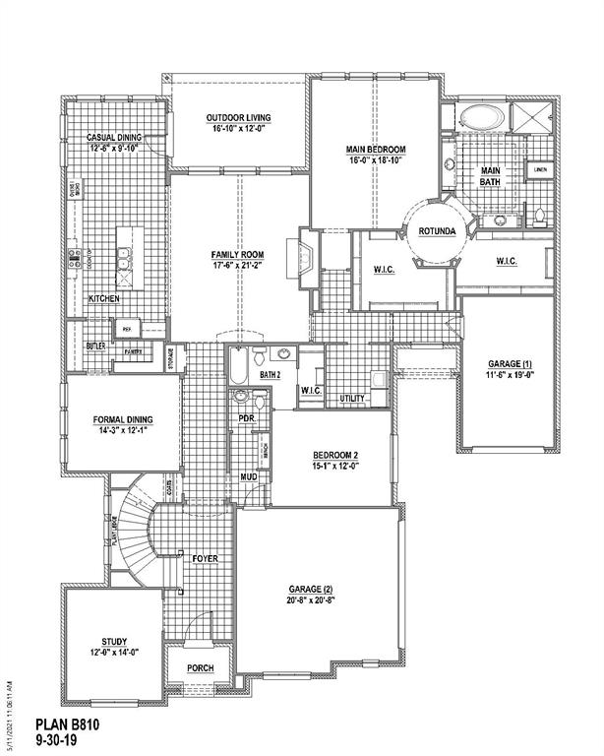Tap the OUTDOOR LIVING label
coord(238,116)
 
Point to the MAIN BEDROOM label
coord(375,150)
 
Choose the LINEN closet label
coord(539,170)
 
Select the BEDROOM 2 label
coord(337,455)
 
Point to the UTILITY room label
coord(351,398)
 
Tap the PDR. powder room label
coord(248,418)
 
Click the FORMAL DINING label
coord(123,419)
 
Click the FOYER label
coord(205,558)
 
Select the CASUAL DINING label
coord(114,137)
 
